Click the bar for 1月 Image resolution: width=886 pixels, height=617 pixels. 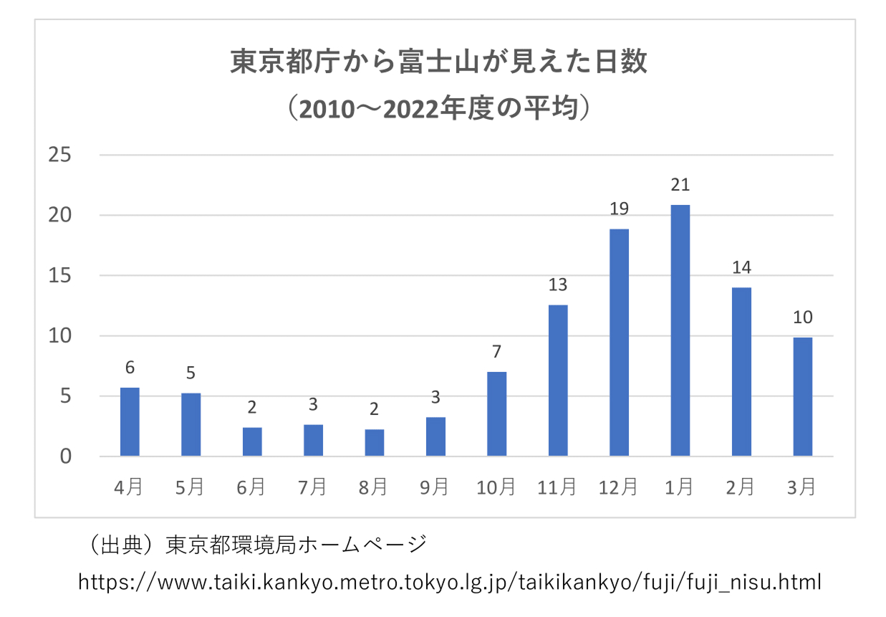point(680,330)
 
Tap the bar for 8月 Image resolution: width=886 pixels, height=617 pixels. point(374,443)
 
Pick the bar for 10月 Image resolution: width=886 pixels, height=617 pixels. point(496,414)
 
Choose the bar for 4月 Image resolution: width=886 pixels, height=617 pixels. point(130,422)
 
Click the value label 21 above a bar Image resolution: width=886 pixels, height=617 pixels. point(680,185)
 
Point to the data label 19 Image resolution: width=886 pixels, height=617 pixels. point(619,209)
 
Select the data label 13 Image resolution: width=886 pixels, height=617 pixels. point(558,285)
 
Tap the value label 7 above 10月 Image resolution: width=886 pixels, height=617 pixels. point(496,352)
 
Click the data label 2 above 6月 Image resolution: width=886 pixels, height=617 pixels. point(252,408)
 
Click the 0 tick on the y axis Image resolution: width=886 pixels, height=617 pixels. point(66,456)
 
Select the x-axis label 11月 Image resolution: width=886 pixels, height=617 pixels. point(557,488)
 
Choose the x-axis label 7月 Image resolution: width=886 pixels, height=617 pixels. point(313,488)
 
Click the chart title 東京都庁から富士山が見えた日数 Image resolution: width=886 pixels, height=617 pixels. point(438,62)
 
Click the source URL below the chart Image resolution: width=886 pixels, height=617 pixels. point(449,581)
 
